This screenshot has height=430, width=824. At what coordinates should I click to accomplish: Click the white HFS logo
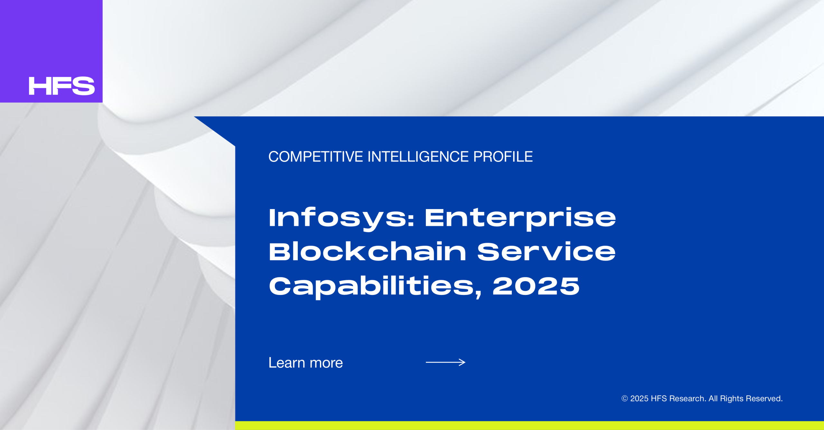(x=62, y=86)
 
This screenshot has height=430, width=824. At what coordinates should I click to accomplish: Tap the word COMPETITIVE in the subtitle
(x=316, y=157)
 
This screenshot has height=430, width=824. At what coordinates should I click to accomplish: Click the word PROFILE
(x=503, y=157)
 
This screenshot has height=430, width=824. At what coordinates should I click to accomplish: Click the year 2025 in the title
(x=536, y=286)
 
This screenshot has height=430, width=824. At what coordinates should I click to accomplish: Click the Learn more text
(x=306, y=363)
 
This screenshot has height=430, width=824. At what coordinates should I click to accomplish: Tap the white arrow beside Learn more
(x=445, y=362)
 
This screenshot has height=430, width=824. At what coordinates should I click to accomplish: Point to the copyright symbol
(x=624, y=398)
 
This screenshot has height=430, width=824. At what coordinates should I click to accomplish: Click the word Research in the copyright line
(x=688, y=398)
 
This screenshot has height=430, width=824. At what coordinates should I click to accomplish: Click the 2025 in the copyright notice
(x=639, y=398)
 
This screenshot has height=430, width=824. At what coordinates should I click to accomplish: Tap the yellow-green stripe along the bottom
(x=529, y=425)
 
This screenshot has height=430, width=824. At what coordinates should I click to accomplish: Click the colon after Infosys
(x=410, y=220)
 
